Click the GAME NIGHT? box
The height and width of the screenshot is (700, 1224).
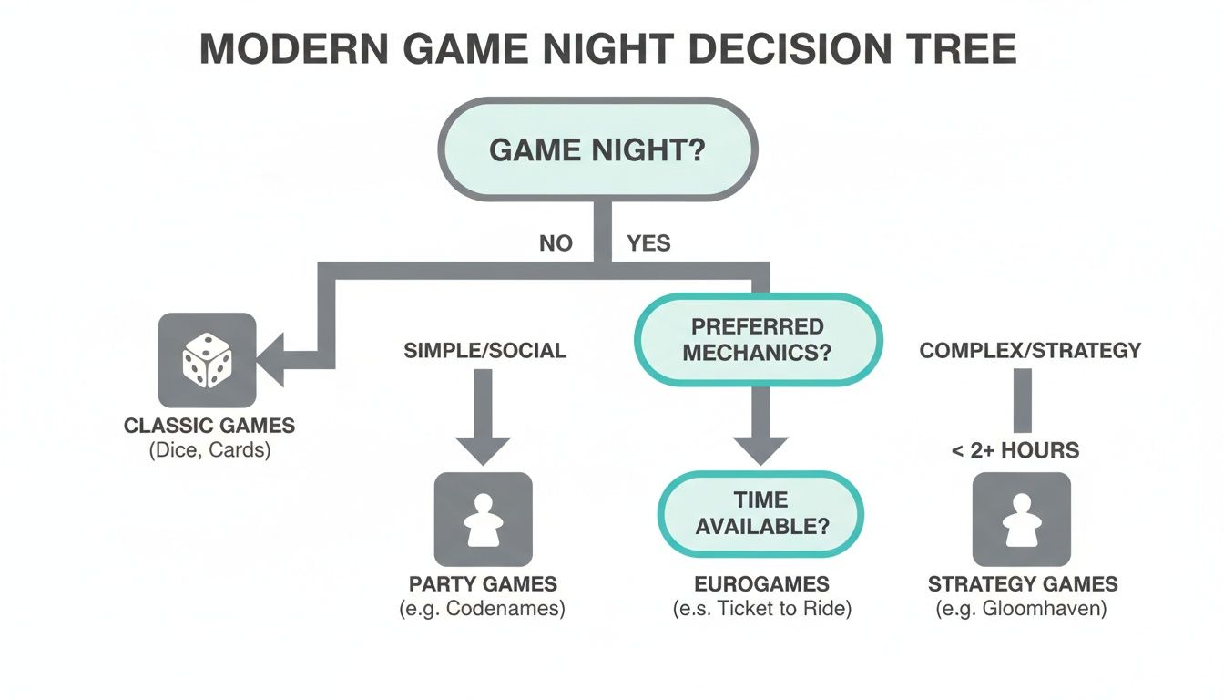[x=597, y=149]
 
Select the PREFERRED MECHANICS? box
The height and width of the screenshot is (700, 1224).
[x=757, y=339]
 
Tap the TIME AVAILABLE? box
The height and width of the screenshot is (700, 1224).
[x=760, y=512]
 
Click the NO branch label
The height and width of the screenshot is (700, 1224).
[x=556, y=243]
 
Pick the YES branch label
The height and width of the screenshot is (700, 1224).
[x=648, y=243]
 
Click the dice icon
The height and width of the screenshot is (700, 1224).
[x=207, y=359]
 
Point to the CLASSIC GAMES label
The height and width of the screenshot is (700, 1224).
[x=209, y=426]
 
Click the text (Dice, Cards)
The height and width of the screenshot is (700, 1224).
[x=209, y=449]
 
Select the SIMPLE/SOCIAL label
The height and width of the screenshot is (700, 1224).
[x=484, y=350]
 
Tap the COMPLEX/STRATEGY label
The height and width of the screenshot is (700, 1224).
[x=1030, y=350]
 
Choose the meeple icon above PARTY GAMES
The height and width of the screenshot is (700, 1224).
[x=484, y=520]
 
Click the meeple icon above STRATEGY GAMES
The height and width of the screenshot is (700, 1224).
[x=1022, y=520]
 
